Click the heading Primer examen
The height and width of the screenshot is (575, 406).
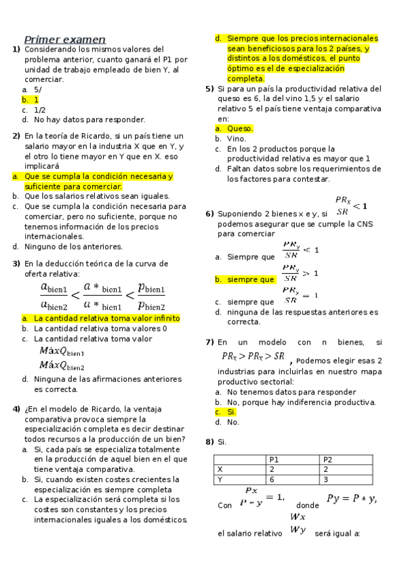click(64, 39)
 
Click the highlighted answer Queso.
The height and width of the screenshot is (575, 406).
click(240, 129)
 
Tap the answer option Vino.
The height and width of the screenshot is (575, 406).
click(237, 139)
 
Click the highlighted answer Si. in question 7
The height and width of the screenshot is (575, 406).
click(232, 412)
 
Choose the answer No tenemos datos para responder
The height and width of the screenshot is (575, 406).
click(282, 392)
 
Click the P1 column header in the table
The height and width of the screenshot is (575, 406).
click(275, 460)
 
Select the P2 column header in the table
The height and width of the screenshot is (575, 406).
click(328, 460)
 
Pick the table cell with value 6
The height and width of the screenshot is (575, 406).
click(272, 479)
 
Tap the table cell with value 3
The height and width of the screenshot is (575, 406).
click(326, 479)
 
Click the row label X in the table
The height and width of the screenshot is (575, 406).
click(220, 469)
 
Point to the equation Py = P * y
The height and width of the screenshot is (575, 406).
click(351, 499)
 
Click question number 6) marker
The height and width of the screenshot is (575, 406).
click(209, 214)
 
